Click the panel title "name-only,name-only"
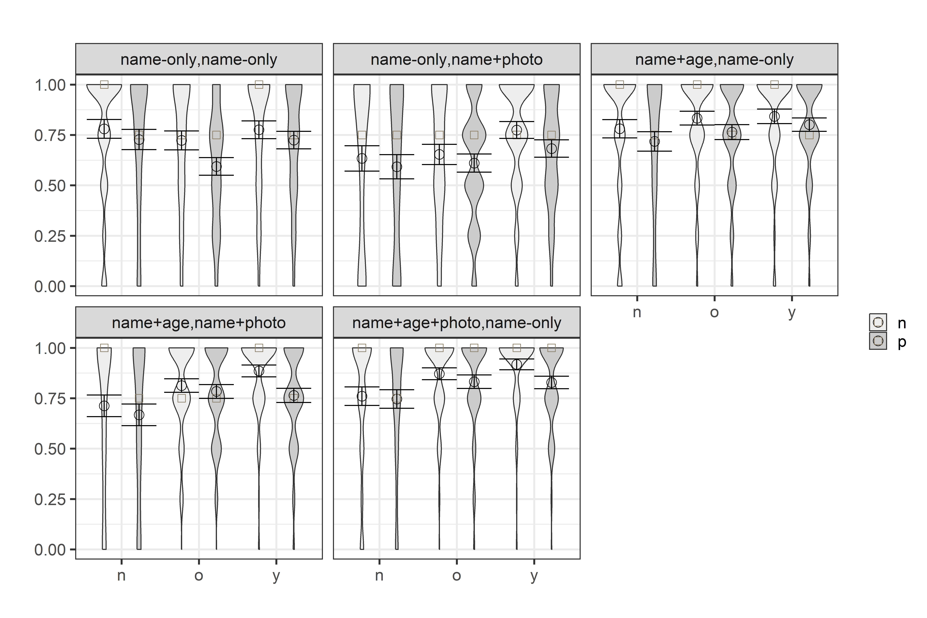199,59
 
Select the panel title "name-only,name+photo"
456,59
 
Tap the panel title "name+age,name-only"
714,59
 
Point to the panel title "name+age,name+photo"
199,323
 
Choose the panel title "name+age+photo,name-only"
456,323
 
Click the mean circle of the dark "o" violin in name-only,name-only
216,166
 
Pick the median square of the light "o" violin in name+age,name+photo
181,398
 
